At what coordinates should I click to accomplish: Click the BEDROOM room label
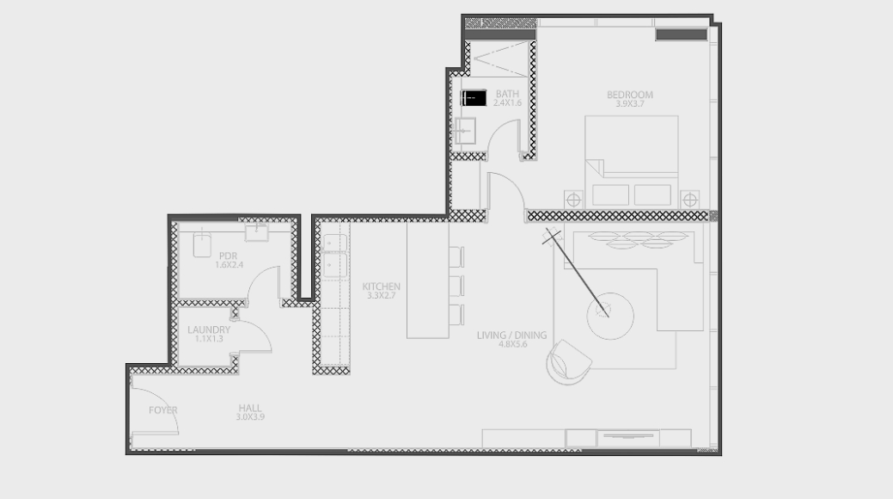[629, 95]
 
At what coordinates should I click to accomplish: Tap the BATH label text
[507, 94]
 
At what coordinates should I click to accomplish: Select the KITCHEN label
[381, 286]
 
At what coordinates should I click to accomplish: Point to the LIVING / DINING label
[511, 336]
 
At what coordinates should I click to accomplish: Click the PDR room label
[228, 256]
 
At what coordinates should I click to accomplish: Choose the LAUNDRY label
[209, 330]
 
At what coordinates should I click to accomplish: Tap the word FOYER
[163, 410]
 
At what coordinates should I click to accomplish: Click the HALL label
[250, 408]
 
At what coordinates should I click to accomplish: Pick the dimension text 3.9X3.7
[630, 104]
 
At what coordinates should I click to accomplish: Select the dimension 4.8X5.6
[512, 344]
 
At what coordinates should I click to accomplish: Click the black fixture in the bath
[474, 97]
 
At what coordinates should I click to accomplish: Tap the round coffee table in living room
[610, 316]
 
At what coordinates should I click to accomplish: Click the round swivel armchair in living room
[568, 363]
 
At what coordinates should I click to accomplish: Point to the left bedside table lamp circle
[573, 200]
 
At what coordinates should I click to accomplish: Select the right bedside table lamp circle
[689, 200]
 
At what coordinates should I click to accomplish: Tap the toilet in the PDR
[202, 243]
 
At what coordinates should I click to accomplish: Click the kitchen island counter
[428, 280]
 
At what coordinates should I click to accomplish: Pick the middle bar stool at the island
[456, 286]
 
